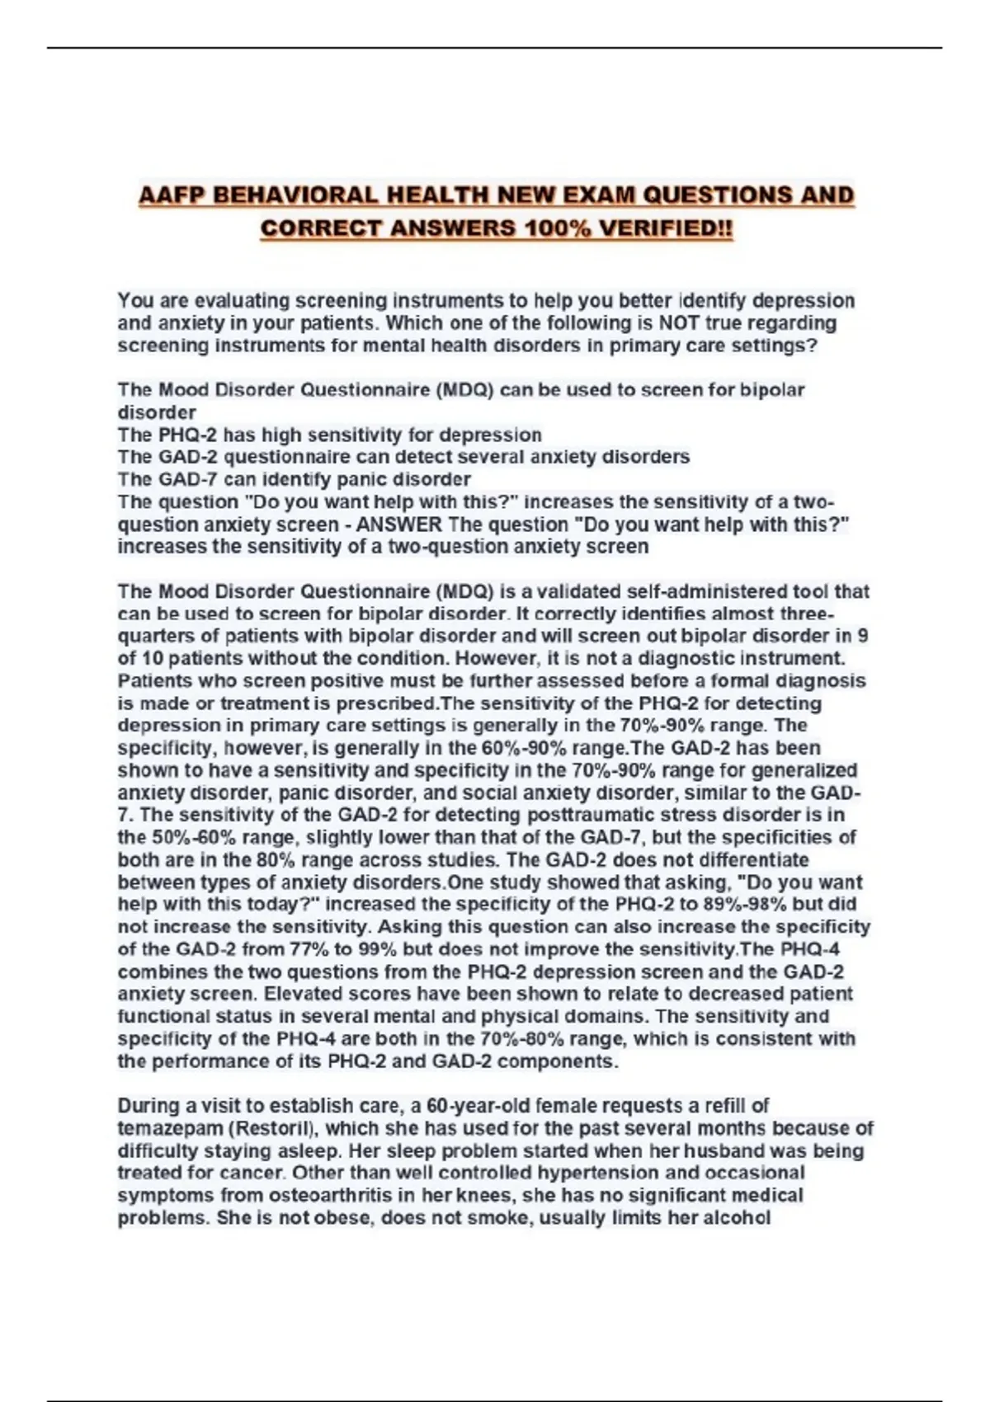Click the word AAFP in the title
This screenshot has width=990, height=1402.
click(170, 195)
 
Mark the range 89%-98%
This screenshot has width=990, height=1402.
click(744, 905)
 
